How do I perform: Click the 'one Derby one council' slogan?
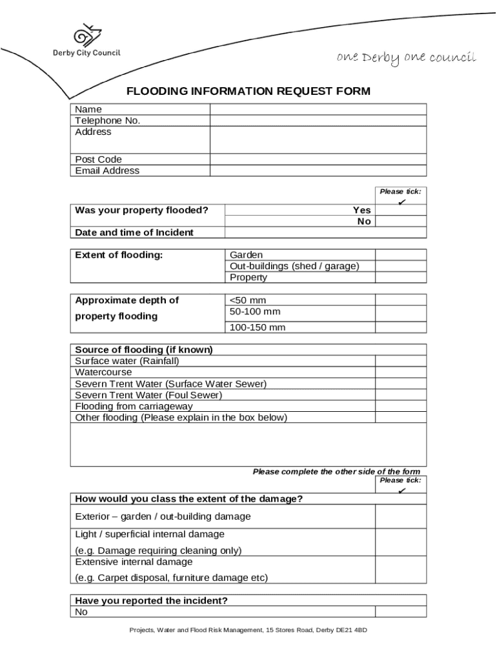click(406, 58)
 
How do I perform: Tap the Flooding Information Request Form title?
click(249, 91)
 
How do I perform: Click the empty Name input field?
click(318, 109)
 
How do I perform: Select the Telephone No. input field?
click(318, 120)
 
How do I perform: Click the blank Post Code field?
click(318, 159)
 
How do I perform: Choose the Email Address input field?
click(318, 170)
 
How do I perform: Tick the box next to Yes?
click(400, 210)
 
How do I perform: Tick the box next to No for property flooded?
click(400, 221)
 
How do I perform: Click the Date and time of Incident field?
click(325, 232)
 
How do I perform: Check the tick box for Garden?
click(400, 254)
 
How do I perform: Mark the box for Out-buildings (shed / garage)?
click(400, 266)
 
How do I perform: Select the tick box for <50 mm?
click(400, 300)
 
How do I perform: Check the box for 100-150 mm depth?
click(400, 327)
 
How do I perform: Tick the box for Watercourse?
click(400, 372)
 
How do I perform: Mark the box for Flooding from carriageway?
click(400, 406)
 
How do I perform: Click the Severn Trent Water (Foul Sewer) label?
click(148, 395)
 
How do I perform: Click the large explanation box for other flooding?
click(248, 444)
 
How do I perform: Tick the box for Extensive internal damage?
click(400, 570)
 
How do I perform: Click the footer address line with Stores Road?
click(248, 630)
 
